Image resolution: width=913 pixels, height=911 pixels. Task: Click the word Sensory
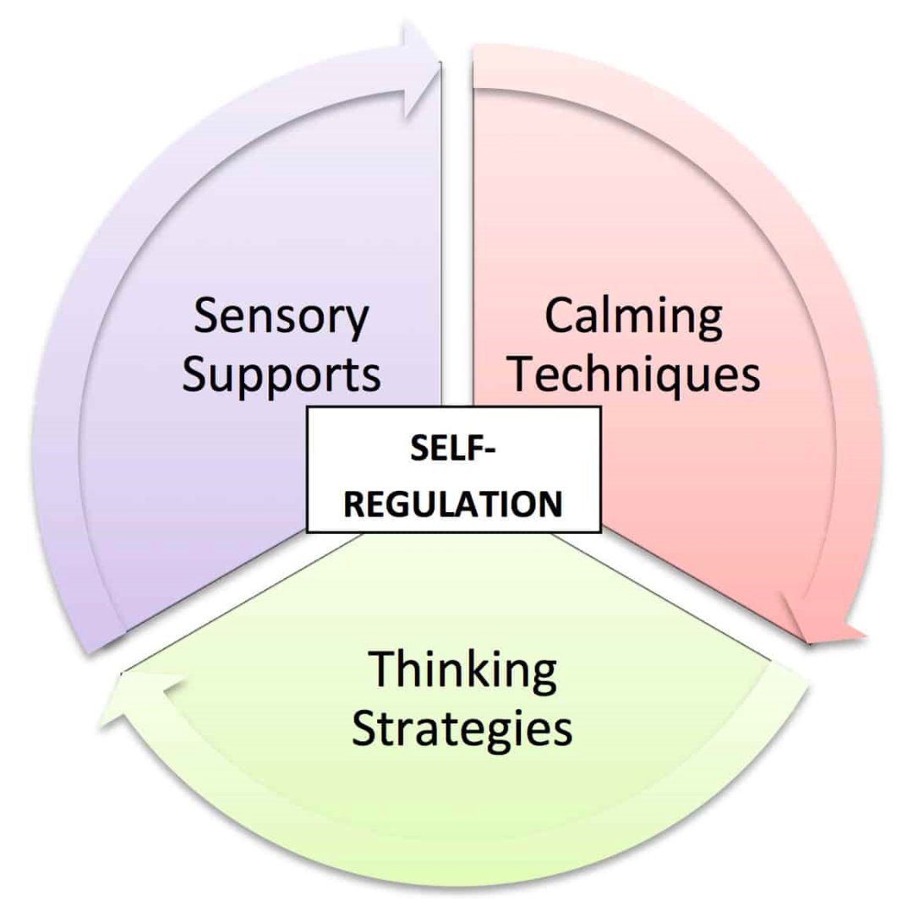pos(282,319)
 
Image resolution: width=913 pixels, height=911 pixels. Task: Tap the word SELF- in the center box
pos(454,450)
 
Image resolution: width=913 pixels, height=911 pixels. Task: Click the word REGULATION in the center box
pos(454,503)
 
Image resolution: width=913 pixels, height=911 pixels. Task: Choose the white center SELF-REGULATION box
pos(454,470)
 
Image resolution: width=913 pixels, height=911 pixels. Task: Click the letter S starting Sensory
pos(205,317)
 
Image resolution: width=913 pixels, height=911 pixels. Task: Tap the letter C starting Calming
pos(560,315)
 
